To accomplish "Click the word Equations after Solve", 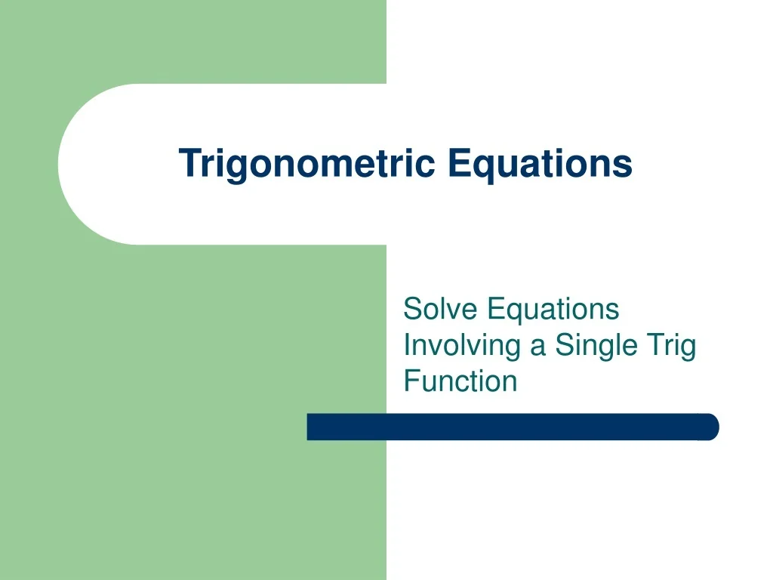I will (553, 309).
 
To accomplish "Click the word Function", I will (460, 381).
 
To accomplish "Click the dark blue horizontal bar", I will (513, 427).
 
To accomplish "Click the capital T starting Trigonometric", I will (188, 163).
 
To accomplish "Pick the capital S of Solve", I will (412, 309).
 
